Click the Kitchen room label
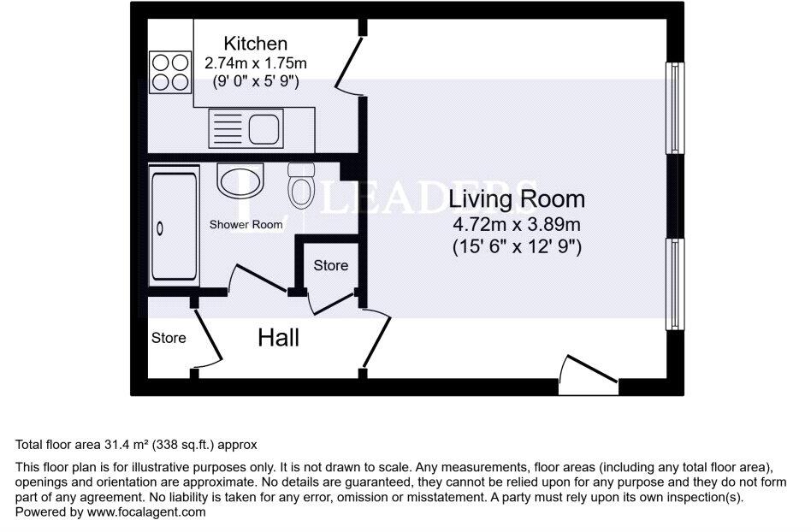click(x=255, y=43)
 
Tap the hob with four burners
click(x=169, y=72)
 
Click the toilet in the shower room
click(x=300, y=186)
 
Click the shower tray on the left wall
click(x=175, y=227)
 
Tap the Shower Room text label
click(x=246, y=224)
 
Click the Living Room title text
click(x=518, y=199)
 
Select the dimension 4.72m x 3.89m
click(x=518, y=225)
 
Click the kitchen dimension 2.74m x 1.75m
click(x=255, y=63)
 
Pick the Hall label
click(x=279, y=338)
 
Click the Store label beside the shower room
click(x=330, y=265)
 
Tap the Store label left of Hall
click(x=169, y=338)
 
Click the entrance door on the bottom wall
click(x=588, y=376)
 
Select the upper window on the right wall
click(x=675, y=108)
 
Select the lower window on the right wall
click(x=675, y=283)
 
